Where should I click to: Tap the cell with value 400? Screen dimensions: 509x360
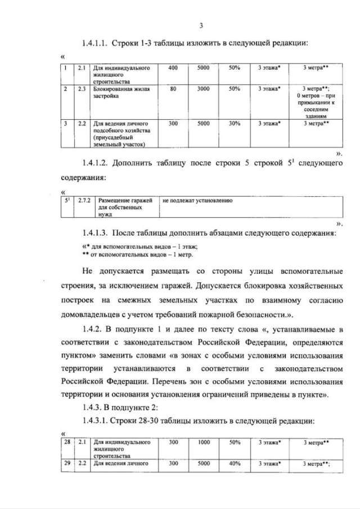pos(173,67)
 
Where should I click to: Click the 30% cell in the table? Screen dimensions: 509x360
pos(235,123)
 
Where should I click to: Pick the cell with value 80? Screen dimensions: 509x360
pos(173,88)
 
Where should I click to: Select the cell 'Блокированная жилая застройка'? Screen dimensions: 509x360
pos(120,92)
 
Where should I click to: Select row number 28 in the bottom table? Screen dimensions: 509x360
pos(67,443)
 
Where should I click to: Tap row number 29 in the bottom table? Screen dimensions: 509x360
pos(67,463)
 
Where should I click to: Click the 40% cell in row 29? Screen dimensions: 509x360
pos(235,463)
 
